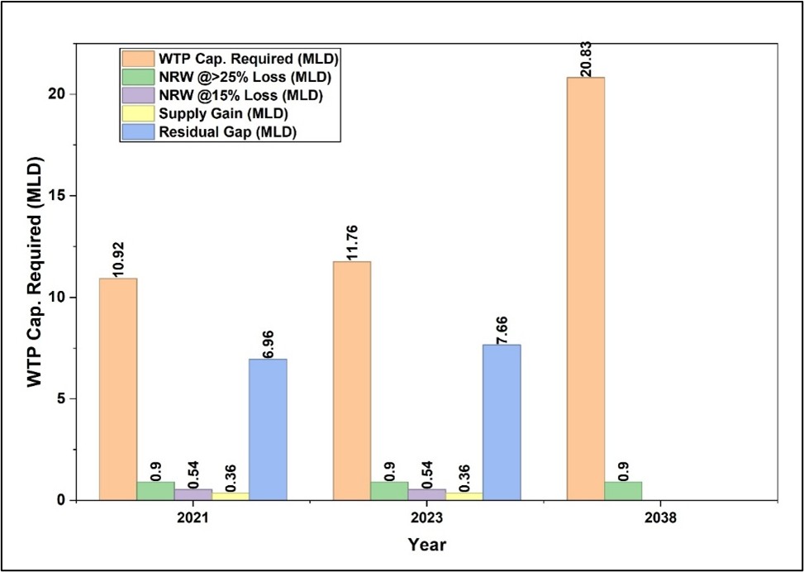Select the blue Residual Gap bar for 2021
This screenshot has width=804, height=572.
pyautogui.click(x=268, y=429)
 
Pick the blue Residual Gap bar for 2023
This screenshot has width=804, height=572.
pyautogui.click(x=502, y=422)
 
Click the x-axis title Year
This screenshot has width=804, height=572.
pyautogui.click(x=426, y=545)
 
